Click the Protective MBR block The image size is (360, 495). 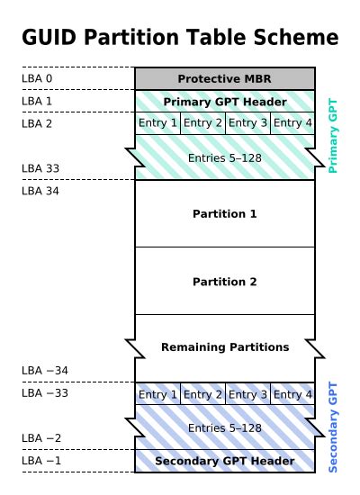(x=225, y=78)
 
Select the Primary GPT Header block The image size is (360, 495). (x=225, y=101)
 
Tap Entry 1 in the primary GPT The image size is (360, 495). (x=157, y=123)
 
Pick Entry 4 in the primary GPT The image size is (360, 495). (x=292, y=123)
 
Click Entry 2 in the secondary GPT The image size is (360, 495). (x=202, y=394)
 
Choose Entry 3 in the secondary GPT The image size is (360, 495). (x=247, y=394)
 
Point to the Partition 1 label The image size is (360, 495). (x=225, y=214)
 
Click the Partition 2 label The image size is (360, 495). (x=225, y=282)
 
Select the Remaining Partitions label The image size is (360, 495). (x=225, y=346)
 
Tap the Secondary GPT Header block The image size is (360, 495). (x=225, y=462)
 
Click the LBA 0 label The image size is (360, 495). (x=37, y=78)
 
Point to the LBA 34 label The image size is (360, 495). (x=40, y=191)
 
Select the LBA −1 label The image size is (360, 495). (x=41, y=461)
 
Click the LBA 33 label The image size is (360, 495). (x=40, y=168)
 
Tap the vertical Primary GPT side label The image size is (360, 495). (x=332, y=135)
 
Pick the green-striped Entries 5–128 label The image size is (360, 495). (x=225, y=157)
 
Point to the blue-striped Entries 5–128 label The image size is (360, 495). (x=225, y=427)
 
